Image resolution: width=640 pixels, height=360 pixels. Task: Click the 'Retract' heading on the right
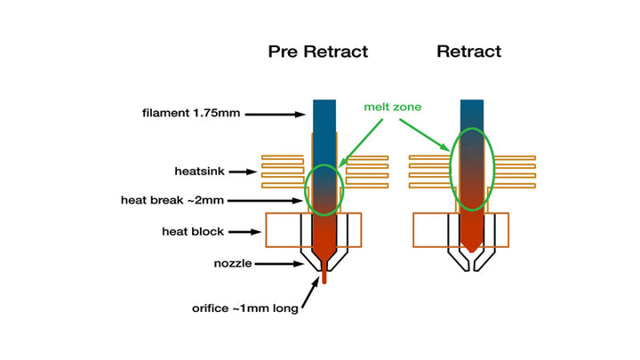[468, 52]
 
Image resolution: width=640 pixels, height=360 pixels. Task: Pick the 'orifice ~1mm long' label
[244, 308]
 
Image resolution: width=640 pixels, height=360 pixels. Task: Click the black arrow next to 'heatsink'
[243, 170]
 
